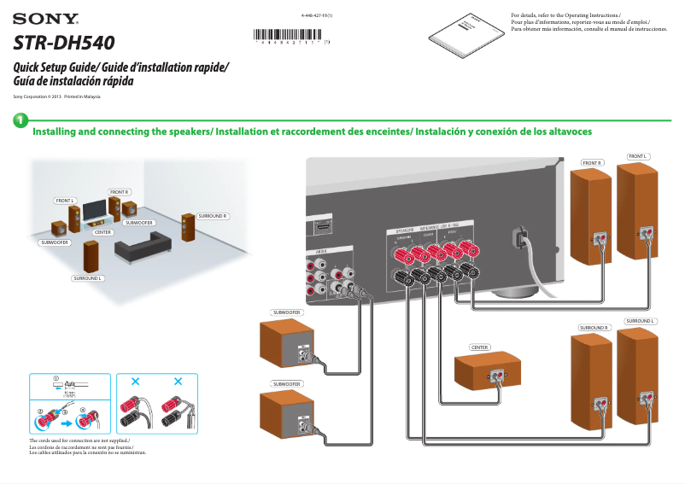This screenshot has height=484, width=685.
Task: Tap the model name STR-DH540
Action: (64, 41)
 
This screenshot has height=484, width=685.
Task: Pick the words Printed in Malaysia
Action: (82, 97)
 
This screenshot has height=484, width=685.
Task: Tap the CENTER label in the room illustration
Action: (102, 232)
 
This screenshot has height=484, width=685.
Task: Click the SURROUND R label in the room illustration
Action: (213, 216)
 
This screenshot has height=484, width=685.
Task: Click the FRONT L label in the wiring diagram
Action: (638, 156)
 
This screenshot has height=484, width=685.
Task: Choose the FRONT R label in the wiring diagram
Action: (592, 162)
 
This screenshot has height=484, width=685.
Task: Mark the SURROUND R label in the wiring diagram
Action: (594, 328)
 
